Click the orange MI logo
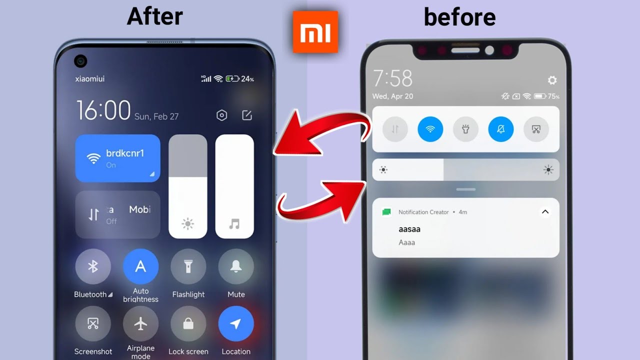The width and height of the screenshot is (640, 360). tap(315, 31)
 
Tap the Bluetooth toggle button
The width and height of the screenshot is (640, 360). tap(93, 266)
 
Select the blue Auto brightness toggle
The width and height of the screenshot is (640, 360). tap(140, 266)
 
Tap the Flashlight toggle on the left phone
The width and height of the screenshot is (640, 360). tap(188, 266)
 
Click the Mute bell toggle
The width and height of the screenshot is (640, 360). tap(236, 266)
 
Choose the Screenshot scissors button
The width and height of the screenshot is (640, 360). tap(93, 323)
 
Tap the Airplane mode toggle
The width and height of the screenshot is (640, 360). tap(140, 323)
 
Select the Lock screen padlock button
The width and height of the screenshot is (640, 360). tap(188, 323)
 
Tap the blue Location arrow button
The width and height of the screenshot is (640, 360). tap(236, 323)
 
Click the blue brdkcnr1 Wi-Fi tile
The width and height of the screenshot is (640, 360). tap(117, 158)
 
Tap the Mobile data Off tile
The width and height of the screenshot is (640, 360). tap(117, 214)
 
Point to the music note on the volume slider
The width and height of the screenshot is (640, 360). tap(234, 223)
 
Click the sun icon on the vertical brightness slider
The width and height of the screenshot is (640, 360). tap(187, 223)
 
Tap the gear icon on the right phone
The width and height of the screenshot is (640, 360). tap(552, 80)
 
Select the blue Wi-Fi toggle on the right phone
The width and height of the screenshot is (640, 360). tap(430, 129)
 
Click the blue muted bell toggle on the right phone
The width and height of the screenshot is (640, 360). tap(501, 129)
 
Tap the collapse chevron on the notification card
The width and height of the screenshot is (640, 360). tap(545, 211)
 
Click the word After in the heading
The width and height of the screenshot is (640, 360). tap(155, 16)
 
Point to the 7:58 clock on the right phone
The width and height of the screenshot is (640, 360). tap(392, 78)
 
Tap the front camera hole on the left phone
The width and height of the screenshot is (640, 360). tap(80, 61)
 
